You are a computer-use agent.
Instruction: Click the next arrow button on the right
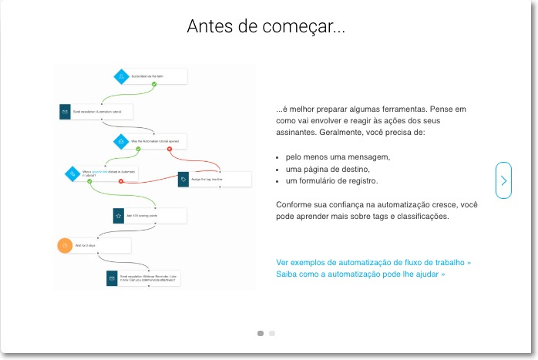click(503, 180)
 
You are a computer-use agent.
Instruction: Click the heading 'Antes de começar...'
click(266, 27)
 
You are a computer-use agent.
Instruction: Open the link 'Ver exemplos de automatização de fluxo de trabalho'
click(373, 262)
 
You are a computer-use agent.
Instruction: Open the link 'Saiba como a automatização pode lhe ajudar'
click(360, 274)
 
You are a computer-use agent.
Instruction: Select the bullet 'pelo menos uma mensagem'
click(338, 156)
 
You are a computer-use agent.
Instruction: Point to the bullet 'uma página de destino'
click(328, 169)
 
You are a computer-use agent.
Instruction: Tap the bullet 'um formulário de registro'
click(331, 180)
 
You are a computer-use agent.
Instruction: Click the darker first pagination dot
click(261, 334)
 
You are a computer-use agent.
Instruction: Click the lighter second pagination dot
click(272, 334)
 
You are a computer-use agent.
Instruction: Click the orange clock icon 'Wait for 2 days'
click(65, 246)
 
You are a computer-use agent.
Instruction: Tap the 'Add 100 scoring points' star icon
click(118, 216)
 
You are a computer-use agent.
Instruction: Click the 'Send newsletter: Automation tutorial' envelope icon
click(66, 111)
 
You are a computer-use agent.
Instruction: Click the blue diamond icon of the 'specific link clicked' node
click(72, 174)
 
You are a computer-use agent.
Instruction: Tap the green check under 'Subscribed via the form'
click(154, 84)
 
